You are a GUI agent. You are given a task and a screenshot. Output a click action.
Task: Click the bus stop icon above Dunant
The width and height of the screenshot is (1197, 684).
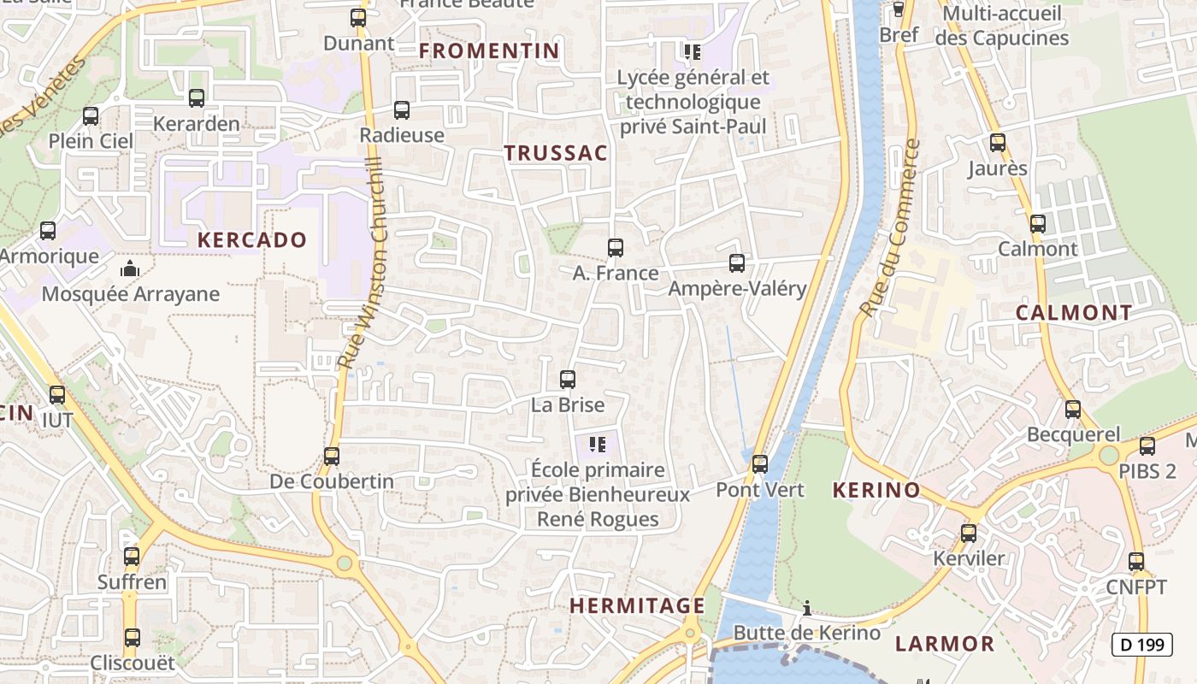pyautogui.click(x=358, y=18)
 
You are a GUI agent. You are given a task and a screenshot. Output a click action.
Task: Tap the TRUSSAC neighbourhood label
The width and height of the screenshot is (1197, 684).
pyautogui.click(x=556, y=154)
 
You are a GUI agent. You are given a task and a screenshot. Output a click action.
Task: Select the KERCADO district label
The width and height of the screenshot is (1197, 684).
pyautogui.click(x=252, y=240)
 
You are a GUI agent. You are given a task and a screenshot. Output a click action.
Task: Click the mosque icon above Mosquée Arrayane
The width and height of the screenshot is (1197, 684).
pyautogui.click(x=130, y=269)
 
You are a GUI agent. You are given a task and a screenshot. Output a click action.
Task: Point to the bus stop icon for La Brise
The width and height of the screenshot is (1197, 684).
pyautogui.click(x=568, y=380)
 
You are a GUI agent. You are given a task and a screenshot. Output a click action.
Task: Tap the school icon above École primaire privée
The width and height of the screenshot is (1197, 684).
pyautogui.click(x=598, y=445)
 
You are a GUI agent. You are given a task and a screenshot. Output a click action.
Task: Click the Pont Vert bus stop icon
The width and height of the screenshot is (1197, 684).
pyautogui.click(x=760, y=464)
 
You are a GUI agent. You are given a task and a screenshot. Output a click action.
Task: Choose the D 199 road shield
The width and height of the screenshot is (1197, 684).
pyautogui.click(x=1141, y=644)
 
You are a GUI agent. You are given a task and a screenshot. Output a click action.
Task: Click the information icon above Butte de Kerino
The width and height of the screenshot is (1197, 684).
pyautogui.click(x=806, y=608)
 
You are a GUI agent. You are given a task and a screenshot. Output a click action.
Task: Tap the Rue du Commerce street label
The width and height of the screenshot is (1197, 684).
pyautogui.click(x=889, y=228)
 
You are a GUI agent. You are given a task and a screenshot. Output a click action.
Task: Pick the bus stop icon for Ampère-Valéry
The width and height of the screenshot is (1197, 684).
pyautogui.click(x=737, y=263)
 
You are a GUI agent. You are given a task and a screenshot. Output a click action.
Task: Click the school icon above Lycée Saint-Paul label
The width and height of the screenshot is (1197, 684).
pyautogui.click(x=693, y=52)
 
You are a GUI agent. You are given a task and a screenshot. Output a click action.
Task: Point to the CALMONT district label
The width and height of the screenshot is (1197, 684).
pyautogui.click(x=1074, y=313)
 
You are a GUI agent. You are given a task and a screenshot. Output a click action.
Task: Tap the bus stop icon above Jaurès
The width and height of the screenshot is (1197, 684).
pyautogui.click(x=998, y=143)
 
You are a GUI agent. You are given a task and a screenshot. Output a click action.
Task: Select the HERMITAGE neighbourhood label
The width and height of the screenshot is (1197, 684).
pyautogui.click(x=638, y=606)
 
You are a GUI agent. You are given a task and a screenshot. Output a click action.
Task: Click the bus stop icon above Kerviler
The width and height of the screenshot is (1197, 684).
pyautogui.click(x=969, y=534)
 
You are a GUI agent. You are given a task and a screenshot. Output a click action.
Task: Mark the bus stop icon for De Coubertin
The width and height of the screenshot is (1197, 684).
pyautogui.click(x=332, y=457)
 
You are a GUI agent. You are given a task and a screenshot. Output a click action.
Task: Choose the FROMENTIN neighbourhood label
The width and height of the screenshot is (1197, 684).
pyautogui.click(x=489, y=51)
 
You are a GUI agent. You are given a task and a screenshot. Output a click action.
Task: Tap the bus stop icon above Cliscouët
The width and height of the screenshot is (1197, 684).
pyautogui.click(x=132, y=638)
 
